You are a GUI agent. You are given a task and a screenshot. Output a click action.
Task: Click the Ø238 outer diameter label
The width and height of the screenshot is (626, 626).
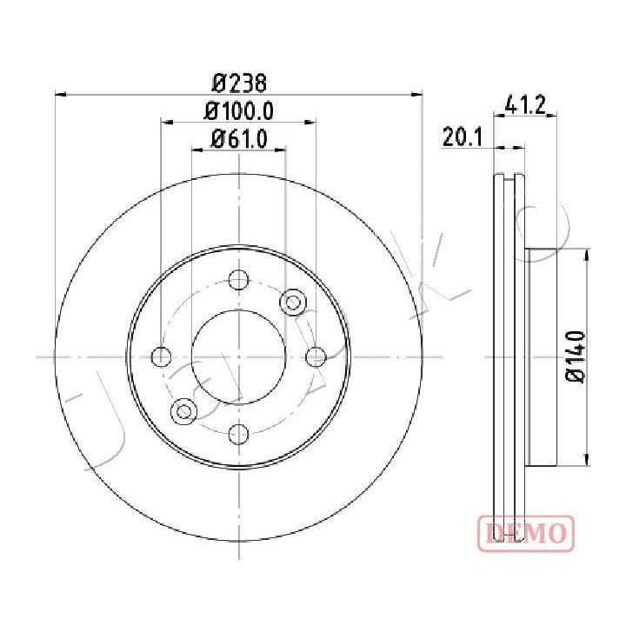239,83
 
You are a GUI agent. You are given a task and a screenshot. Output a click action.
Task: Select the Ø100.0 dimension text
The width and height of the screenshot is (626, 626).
239,111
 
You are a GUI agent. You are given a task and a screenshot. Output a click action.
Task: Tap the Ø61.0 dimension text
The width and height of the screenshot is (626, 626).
239,139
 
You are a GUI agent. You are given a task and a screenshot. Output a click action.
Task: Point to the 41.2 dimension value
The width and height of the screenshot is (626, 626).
524,104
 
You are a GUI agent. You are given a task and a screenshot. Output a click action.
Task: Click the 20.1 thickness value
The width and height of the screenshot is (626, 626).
463,137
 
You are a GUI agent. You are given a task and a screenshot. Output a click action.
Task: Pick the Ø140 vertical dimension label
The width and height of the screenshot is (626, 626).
576,356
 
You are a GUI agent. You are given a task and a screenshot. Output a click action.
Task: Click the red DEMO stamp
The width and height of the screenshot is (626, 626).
526,533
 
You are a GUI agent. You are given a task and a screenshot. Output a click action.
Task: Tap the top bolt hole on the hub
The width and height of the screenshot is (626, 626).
239,279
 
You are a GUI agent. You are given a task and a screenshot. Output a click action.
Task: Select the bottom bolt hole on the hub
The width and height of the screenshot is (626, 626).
239,434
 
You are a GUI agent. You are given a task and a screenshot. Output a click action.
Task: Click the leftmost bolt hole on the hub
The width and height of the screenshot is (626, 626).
162,356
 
